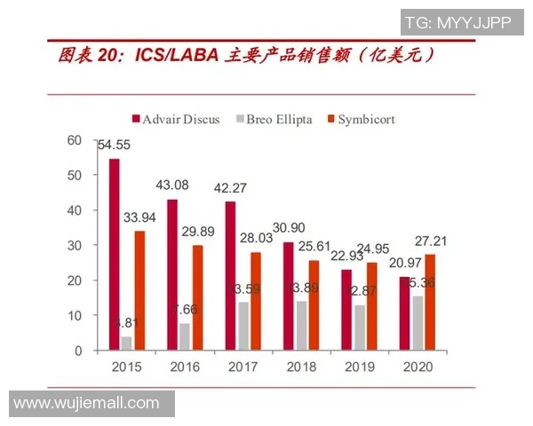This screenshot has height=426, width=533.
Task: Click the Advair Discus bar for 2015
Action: click(115, 255)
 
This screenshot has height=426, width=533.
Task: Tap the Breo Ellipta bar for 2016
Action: click(184, 336)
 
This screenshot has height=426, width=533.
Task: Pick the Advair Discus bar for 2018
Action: click(288, 296)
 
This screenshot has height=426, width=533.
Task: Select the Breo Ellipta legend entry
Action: click(274, 119)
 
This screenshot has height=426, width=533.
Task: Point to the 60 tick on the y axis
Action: click(75, 140)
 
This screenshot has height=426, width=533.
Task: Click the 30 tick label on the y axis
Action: click(75, 245)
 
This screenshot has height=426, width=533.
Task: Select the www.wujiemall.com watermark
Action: click(87, 404)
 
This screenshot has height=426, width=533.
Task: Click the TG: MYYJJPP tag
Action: click(457, 22)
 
